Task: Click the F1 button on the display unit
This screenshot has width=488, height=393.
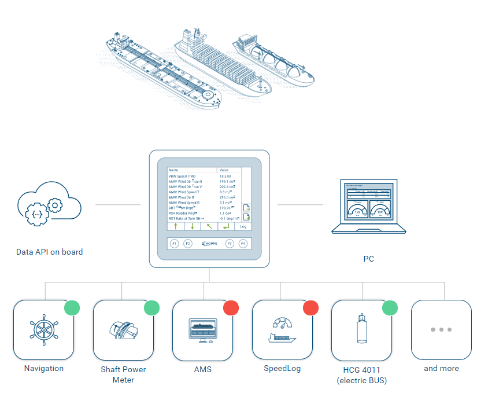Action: tap(175, 244)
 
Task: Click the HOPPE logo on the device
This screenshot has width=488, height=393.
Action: tap(209, 244)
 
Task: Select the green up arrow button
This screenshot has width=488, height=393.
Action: tap(175, 226)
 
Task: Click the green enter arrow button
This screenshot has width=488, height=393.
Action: tap(225, 226)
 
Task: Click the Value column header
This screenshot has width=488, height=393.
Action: tap(224, 170)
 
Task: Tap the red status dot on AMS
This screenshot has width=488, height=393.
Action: tap(231, 307)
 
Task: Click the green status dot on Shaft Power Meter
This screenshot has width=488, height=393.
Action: tap(151, 307)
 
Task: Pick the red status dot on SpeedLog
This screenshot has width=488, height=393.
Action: tap(310, 307)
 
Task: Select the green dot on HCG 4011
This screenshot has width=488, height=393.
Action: tap(390, 307)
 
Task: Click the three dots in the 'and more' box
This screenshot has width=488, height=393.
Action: tap(441, 329)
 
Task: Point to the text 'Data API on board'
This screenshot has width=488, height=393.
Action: tap(49, 252)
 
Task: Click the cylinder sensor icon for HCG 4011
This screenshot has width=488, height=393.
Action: tap(362, 329)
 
